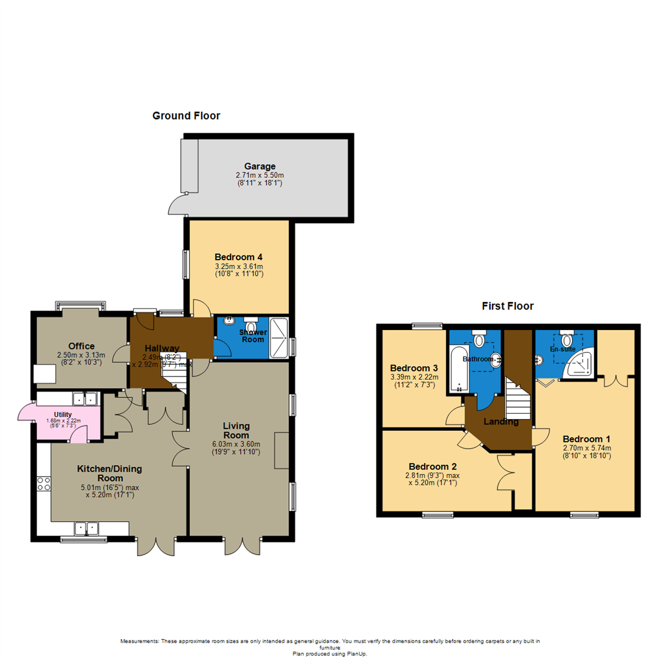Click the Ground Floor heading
(186, 116)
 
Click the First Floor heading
(508, 306)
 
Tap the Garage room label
(260, 166)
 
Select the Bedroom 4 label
(238, 257)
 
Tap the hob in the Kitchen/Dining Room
(44, 483)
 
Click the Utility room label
(63, 414)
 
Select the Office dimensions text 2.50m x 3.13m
(81, 355)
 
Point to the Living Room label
(236, 431)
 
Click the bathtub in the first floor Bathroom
(459, 369)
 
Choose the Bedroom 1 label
(586, 439)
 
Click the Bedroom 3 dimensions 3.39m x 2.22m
(414, 377)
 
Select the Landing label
(501, 422)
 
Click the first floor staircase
(518, 398)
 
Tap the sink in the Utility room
(85, 398)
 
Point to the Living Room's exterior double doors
(242, 546)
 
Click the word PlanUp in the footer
(356, 654)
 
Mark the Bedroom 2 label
(433, 466)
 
